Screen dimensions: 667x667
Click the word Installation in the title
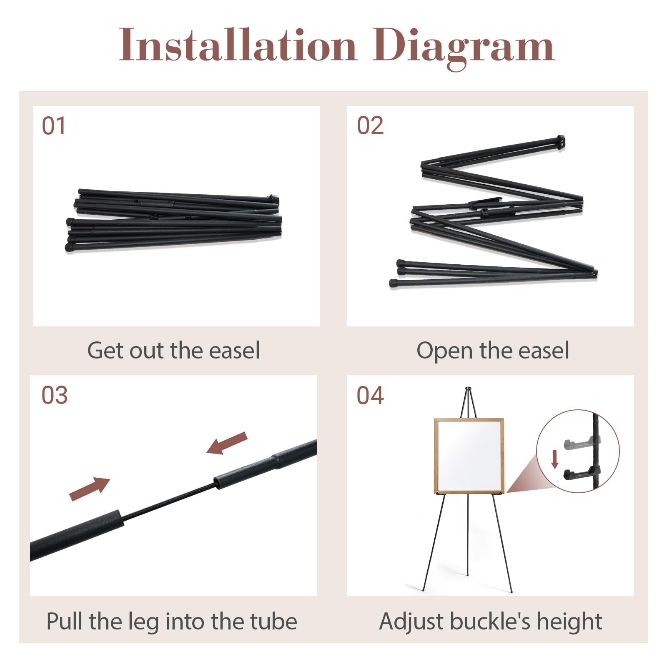coord(238,45)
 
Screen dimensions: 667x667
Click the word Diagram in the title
coord(463,48)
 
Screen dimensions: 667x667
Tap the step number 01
coord(54,126)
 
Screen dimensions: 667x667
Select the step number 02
coord(370,125)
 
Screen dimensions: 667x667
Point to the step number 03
coord(54,395)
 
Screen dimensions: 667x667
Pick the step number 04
coord(370,395)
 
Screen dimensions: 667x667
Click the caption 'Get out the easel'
coord(173,350)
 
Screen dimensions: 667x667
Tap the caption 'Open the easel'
coord(493,351)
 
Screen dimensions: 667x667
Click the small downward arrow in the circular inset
coord(554,459)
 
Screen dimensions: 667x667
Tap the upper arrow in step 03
coord(227,443)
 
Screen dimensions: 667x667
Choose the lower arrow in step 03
coord(90,489)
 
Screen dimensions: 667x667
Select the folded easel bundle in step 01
coord(173,220)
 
